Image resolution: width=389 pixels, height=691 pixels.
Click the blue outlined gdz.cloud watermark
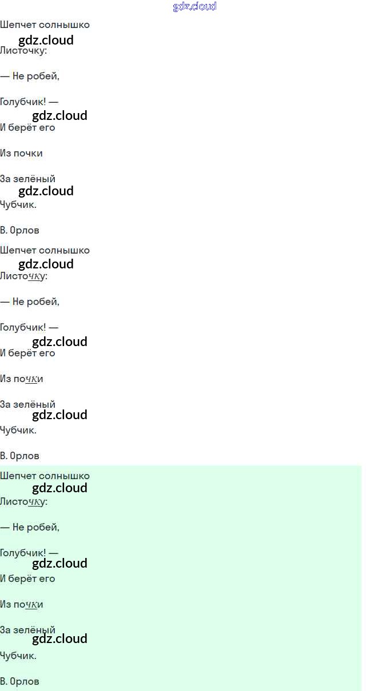pos(194,7)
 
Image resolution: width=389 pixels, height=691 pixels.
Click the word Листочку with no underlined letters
pos(23,50)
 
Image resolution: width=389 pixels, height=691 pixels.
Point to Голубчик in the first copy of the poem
pos(23,102)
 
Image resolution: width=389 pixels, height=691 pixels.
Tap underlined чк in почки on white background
pos(32,379)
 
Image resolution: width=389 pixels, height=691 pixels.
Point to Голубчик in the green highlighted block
pos(23,553)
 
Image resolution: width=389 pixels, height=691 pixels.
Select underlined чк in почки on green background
pos(32,605)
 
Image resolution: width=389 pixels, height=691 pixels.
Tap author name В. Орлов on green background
pos(19,681)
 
